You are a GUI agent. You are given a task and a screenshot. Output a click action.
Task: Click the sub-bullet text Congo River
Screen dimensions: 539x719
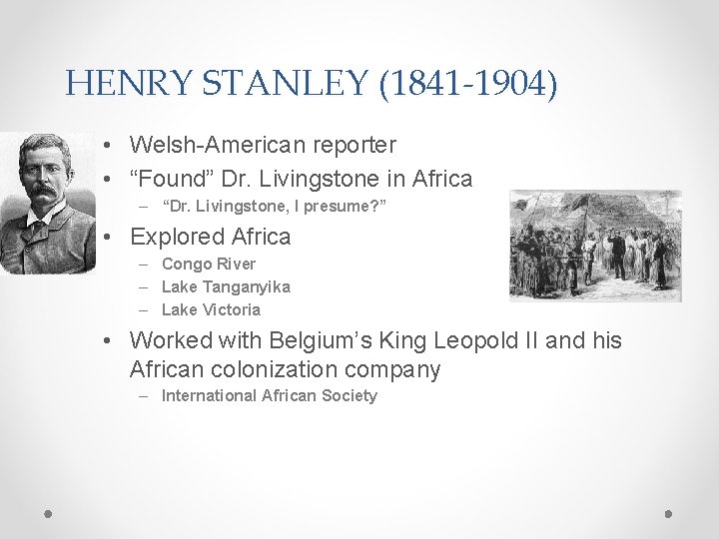pos(208,265)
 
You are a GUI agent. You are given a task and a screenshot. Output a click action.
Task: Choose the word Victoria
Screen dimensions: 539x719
pos(230,309)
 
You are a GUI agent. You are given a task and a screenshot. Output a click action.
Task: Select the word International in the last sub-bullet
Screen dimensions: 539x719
pos(208,396)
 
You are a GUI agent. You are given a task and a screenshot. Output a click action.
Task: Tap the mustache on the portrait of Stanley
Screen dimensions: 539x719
pos(43,191)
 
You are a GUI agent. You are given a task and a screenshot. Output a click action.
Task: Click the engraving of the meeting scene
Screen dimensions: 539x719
pos(595,247)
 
